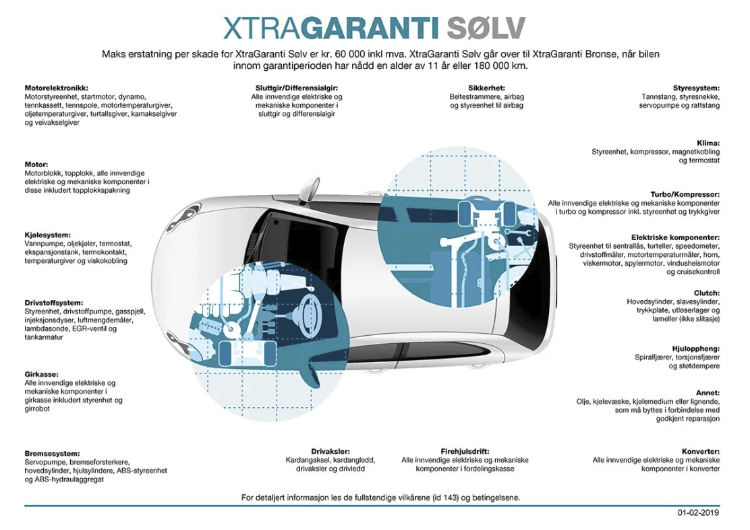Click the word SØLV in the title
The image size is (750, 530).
click(486, 28)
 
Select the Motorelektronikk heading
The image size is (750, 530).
click(57, 88)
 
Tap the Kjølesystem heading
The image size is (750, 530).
click(48, 235)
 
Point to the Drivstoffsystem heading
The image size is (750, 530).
click(53, 303)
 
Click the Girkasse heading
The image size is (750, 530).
click(41, 374)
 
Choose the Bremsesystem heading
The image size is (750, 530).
click(52, 453)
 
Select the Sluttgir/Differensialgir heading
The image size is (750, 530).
click(297, 88)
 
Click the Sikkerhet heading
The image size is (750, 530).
click(486, 88)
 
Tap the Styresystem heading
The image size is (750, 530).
click(696, 88)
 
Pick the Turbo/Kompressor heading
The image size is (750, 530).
click(685, 195)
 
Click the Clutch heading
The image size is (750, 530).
click(707, 293)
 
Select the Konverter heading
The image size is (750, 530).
click(701, 451)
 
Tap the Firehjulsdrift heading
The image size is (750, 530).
click(465, 451)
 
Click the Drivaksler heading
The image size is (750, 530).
click(330, 451)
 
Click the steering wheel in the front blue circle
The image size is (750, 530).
click(308, 314)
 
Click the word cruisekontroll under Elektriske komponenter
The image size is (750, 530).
click(693, 272)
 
